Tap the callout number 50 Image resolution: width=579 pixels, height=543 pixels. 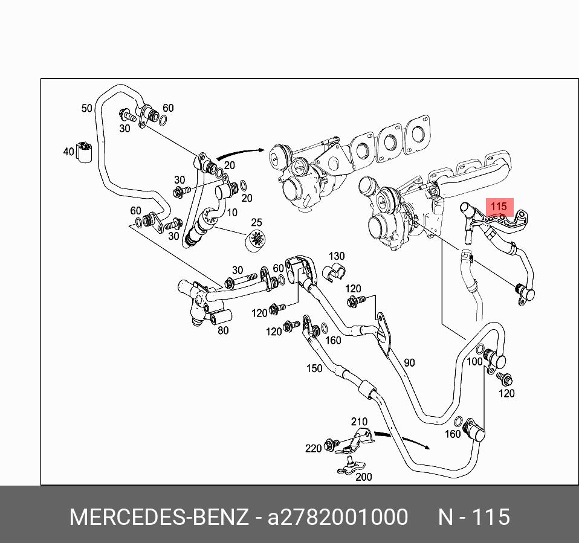[87, 108]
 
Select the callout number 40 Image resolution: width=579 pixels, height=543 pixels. [68, 152]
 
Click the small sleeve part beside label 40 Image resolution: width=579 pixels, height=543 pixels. [83, 152]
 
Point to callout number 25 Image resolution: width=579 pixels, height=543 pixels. [257, 223]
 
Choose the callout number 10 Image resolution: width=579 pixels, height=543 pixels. [231, 213]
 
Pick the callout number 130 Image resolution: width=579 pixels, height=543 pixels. [336, 256]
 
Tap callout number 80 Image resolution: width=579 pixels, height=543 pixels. [223, 330]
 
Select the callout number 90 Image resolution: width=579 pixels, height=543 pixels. [409, 362]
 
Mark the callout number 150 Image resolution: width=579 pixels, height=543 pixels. [314, 368]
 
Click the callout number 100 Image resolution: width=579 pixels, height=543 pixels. [474, 361]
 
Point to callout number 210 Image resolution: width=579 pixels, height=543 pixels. [359, 421]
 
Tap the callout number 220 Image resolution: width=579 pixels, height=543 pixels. [313, 448]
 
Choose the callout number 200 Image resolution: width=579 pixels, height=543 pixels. [364, 477]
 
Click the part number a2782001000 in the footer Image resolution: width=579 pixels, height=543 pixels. [338, 518]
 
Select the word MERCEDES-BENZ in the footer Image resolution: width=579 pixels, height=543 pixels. [159, 518]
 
